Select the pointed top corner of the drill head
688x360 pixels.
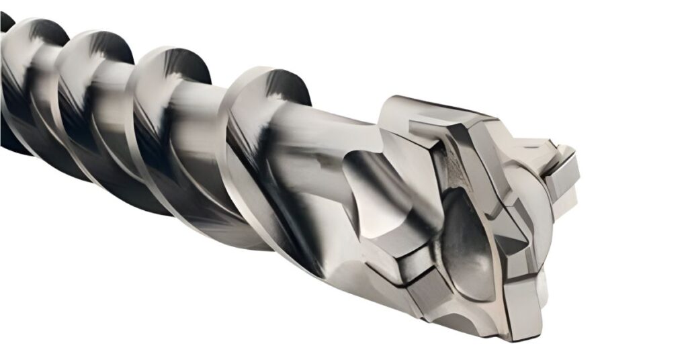pyautogui.click(x=390, y=101)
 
